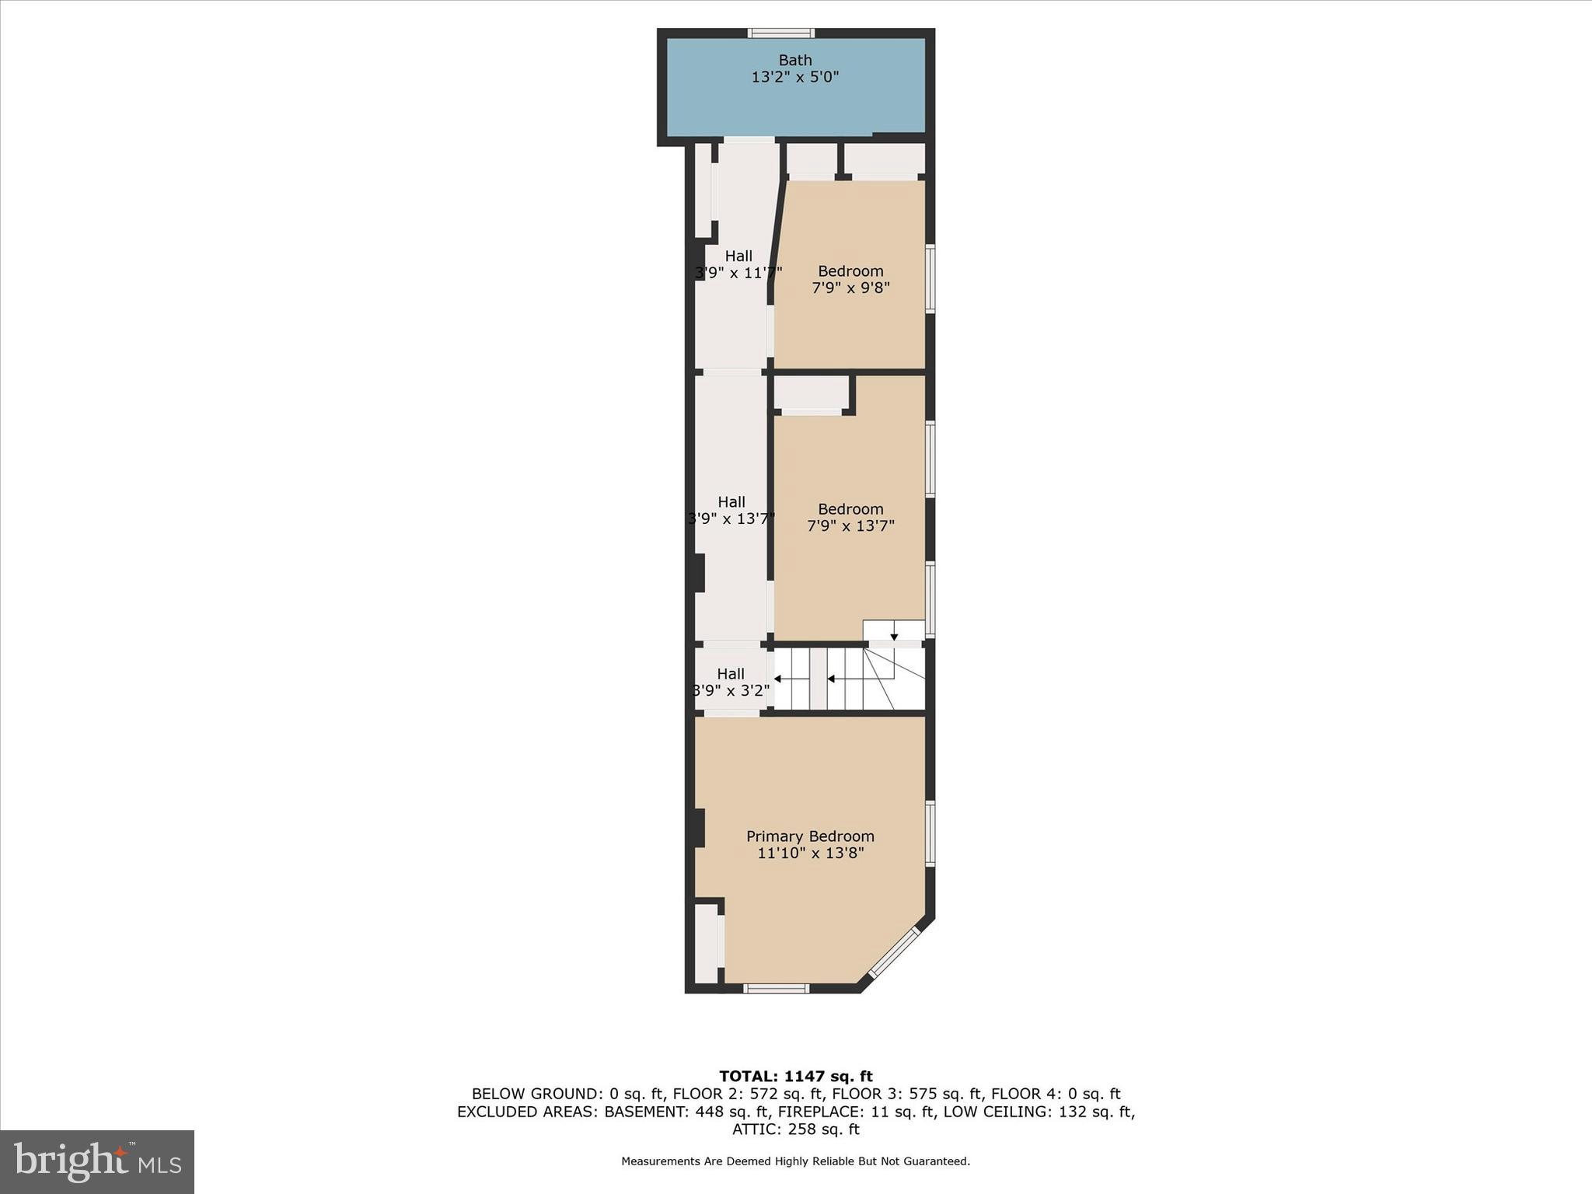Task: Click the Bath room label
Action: tap(795, 60)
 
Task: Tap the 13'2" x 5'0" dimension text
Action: tap(795, 77)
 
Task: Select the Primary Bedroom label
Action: tap(810, 836)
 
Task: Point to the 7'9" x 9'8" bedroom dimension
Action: tap(850, 288)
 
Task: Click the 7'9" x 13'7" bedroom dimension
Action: tap(850, 525)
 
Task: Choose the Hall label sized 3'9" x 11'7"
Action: tap(738, 256)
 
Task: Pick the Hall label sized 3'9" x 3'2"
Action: tap(731, 674)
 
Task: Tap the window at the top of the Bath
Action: tap(781, 33)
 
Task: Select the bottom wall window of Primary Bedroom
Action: tap(776, 989)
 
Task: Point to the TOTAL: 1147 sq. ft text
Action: tap(795, 1077)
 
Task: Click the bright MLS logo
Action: tap(97, 1162)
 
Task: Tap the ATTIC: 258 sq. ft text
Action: tap(795, 1129)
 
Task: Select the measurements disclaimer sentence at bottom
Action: tap(795, 1161)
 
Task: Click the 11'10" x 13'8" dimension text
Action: tap(810, 854)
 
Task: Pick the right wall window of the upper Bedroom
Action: tap(930, 279)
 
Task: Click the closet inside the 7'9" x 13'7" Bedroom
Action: tap(812, 393)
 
